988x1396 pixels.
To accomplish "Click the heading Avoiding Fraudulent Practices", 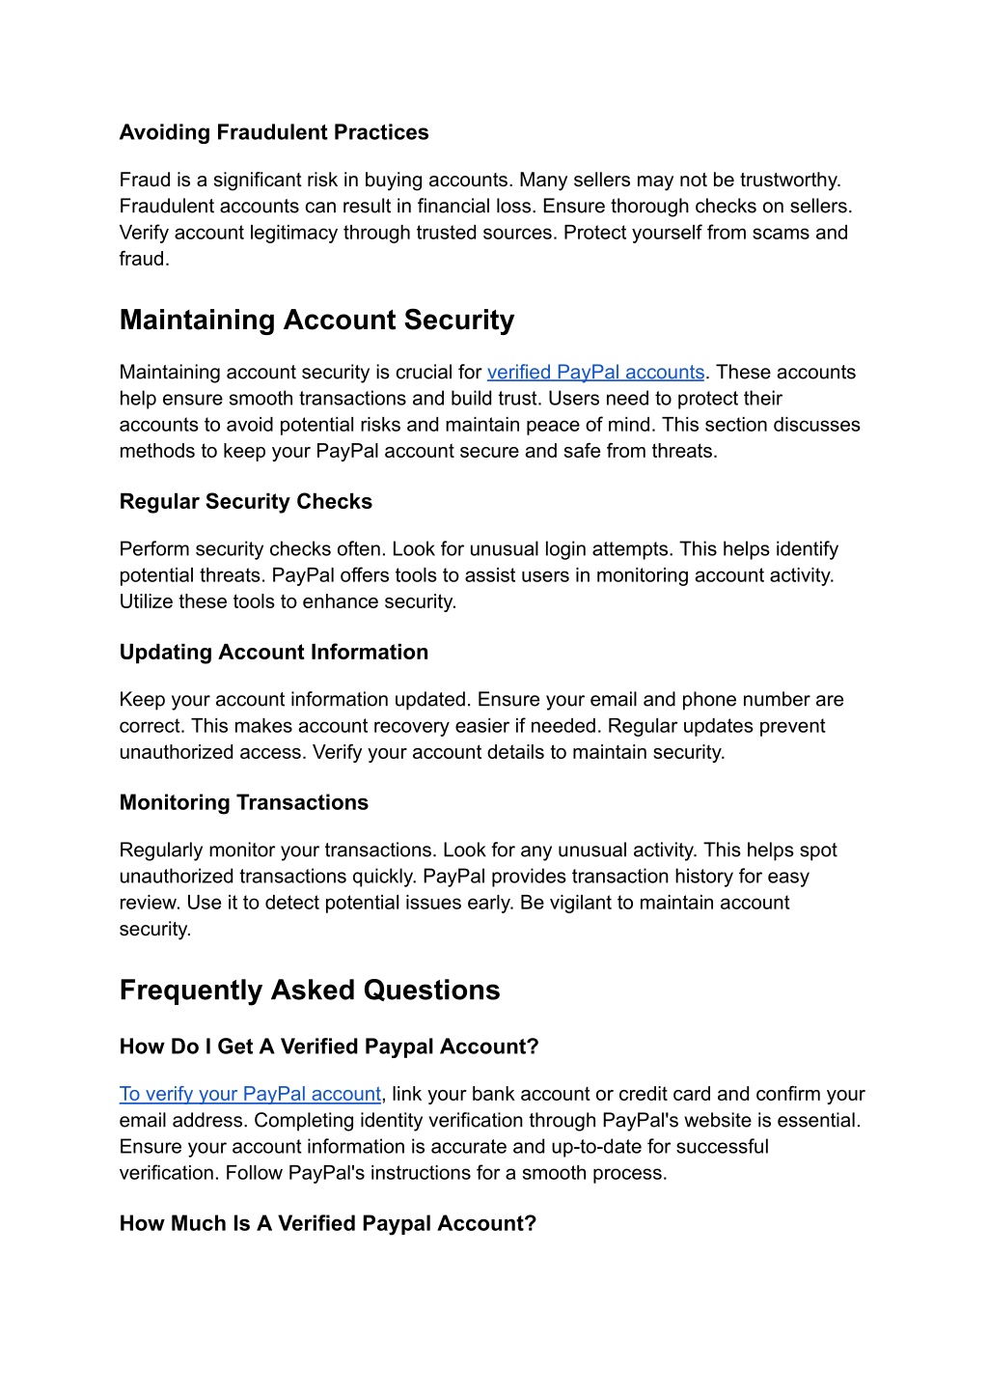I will (274, 132).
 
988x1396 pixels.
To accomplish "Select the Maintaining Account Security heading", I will (316, 320).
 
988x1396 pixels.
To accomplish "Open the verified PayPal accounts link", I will (595, 372).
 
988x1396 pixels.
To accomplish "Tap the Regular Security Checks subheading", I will (245, 501).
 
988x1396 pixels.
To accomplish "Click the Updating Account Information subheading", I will (273, 652).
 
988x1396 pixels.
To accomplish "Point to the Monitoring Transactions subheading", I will (243, 802).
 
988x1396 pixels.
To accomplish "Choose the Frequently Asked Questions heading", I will (309, 990).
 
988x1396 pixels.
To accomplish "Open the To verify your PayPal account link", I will (250, 1094).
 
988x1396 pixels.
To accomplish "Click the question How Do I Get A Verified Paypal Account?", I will (328, 1047).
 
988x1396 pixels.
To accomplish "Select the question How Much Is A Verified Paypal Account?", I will (327, 1223).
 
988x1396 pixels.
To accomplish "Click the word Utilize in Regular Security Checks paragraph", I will (146, 601).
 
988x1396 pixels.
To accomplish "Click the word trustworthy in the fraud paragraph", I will (789, 180).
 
